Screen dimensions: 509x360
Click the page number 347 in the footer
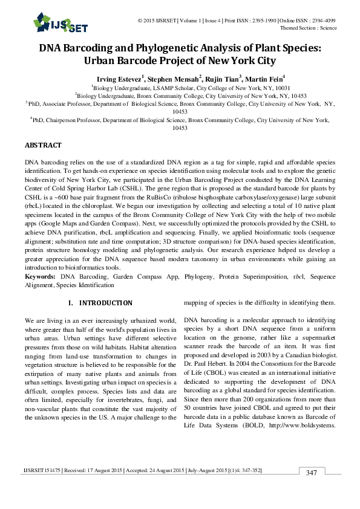click(312, 489)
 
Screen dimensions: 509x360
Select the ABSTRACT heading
click(43, 146)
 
